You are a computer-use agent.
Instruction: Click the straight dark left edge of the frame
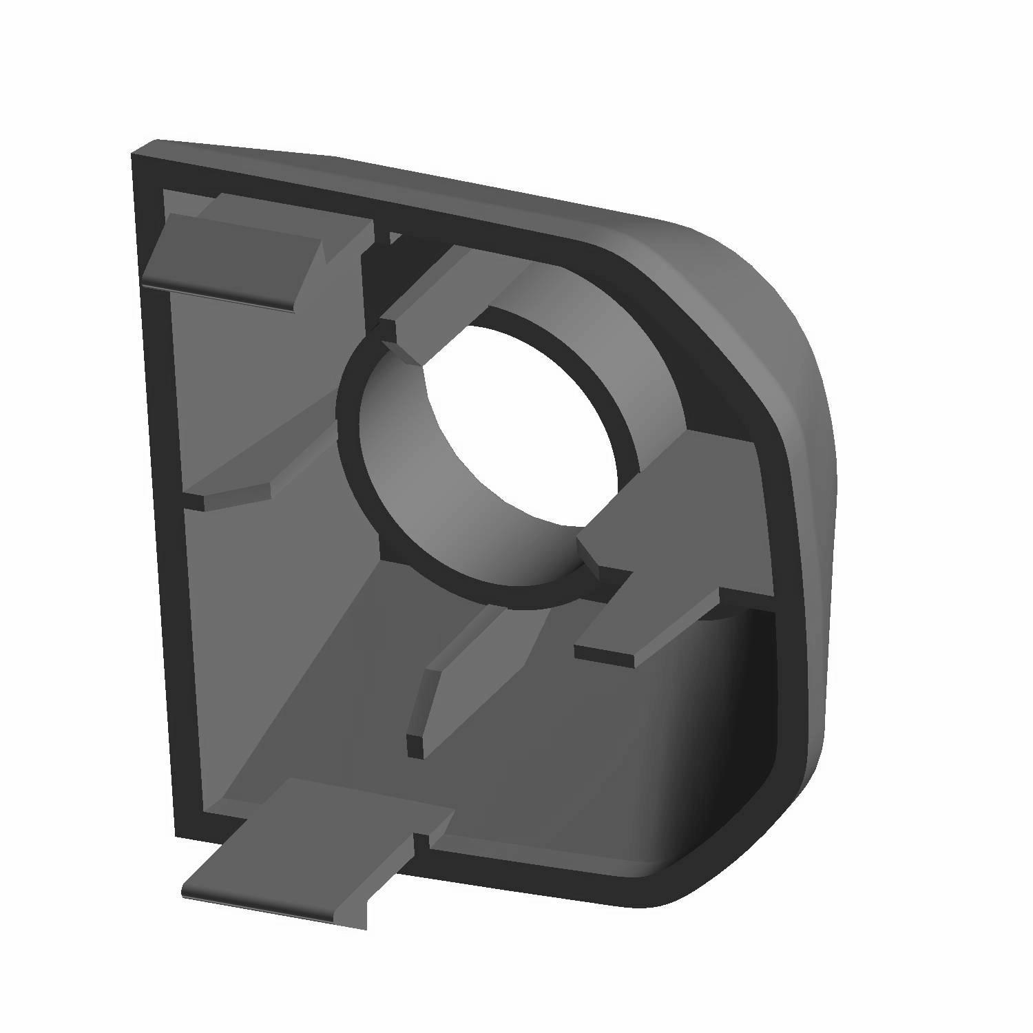click(155, 482)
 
